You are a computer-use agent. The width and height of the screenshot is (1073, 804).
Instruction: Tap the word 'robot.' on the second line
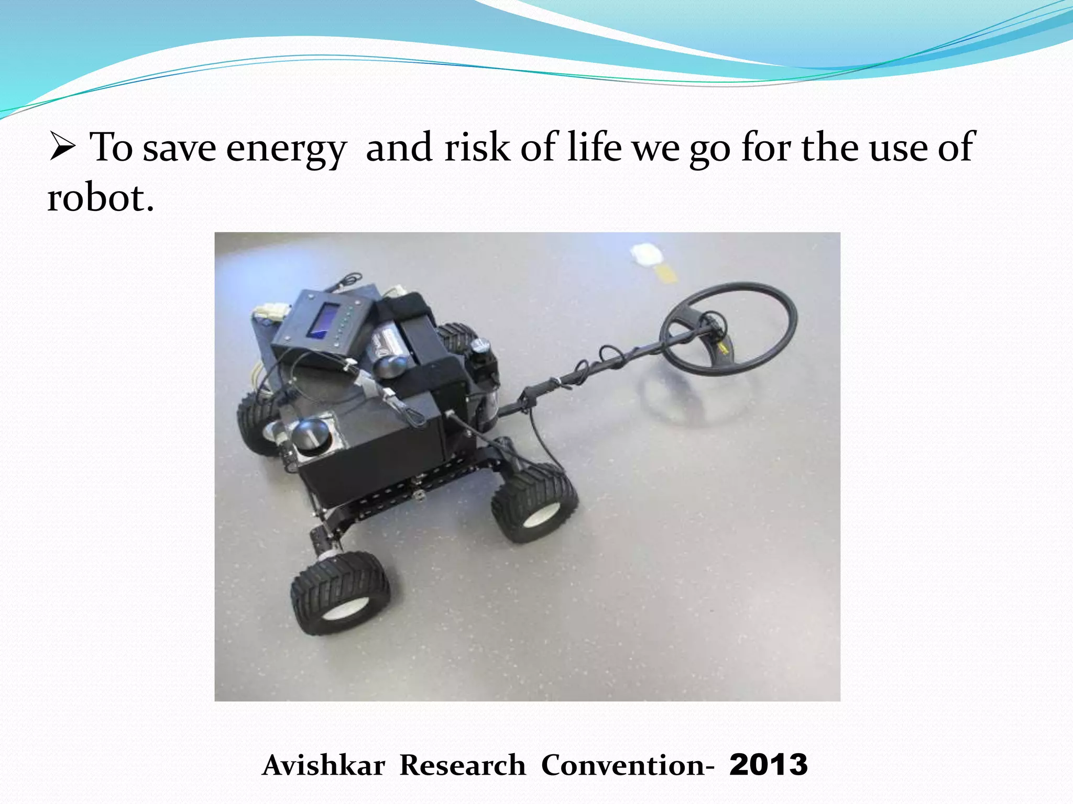click(x=101, y=199)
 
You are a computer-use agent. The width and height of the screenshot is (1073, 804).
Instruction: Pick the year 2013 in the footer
click(x=768, y=765)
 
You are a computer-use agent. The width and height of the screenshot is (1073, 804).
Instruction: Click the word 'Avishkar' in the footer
click(x=324, y=765)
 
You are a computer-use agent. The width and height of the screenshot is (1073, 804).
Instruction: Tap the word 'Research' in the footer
click(x=463, y=765)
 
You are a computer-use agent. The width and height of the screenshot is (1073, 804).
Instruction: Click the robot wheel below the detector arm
click(x=534, y=502)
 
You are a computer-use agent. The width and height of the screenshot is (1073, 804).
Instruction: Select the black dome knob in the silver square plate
click(x=309, y=434)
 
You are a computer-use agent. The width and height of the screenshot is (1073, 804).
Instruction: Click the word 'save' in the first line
click(x=179, y=149)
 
